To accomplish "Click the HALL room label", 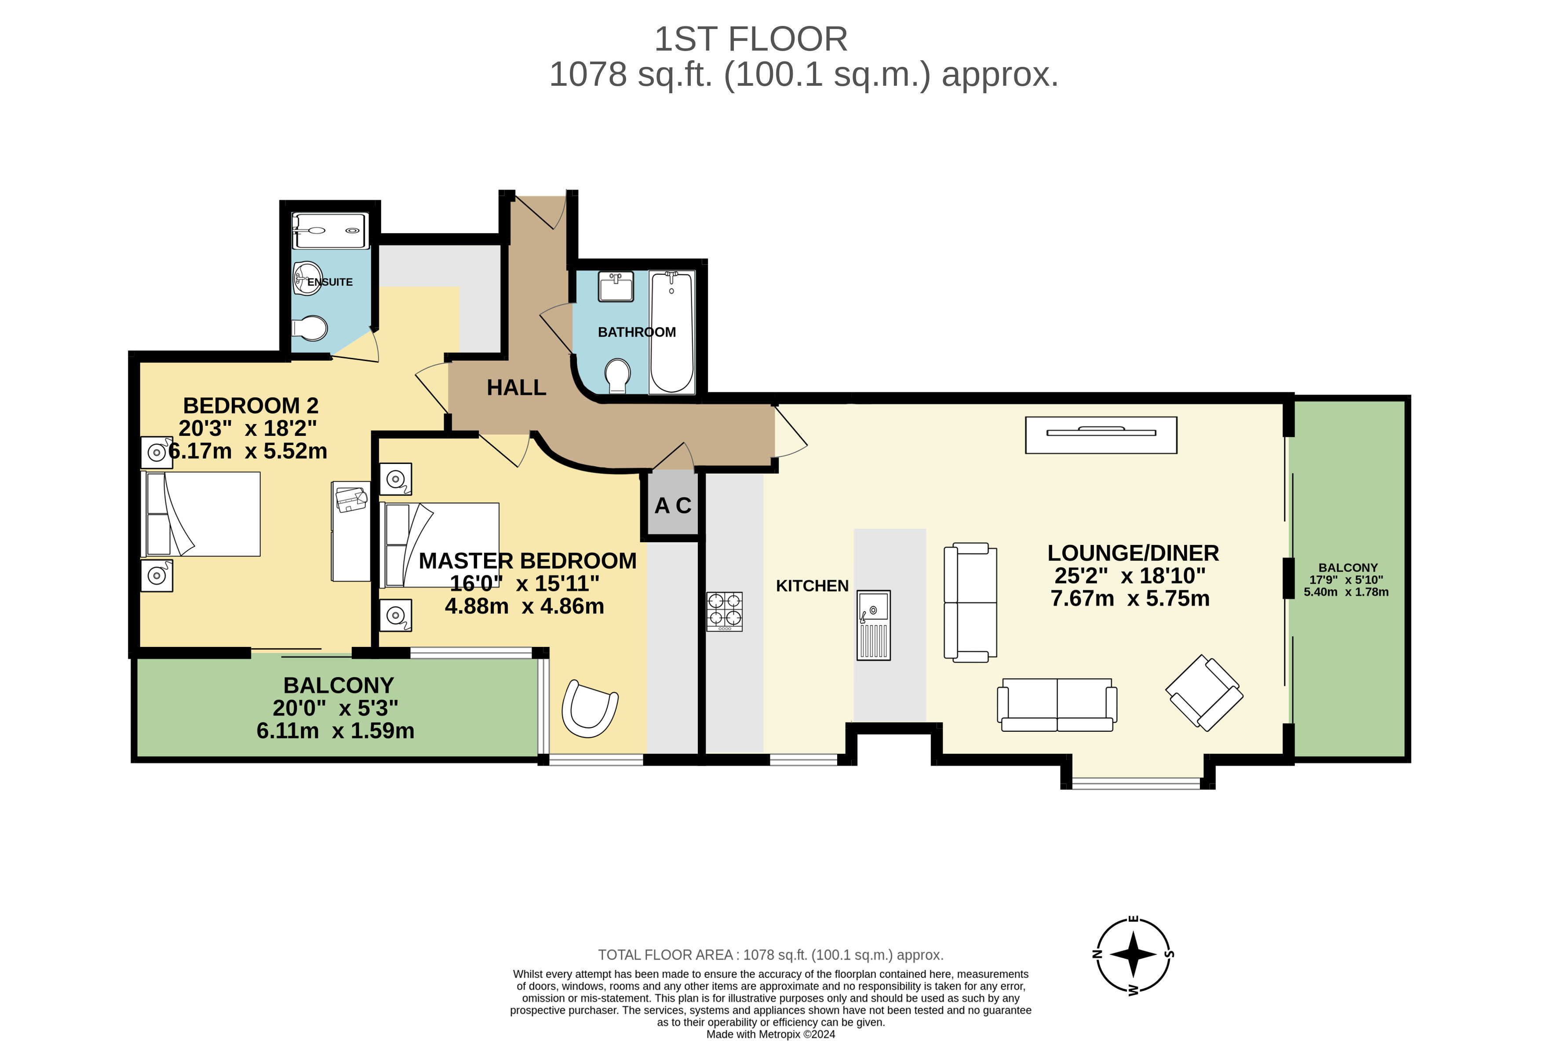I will pyautogui.click(x=516, y=387).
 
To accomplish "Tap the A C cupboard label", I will pyautogui.click(x=672, y=506).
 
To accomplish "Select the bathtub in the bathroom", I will pyautogui.click(x=671, y=332).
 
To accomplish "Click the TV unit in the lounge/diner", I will pyautogui.click(x=1101, y=435).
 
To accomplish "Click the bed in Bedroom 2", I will pyautogui.click(x=201, y=514).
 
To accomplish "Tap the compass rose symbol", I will pyautogui.click(x=1133, y=955).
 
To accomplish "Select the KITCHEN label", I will pyautogui.click(x=812, y=586).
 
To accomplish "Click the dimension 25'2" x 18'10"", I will pyautogui.click(x=1130, y=576).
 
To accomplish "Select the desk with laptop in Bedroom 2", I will pyautogui.click(x=351, y=531).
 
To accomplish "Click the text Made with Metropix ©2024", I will pyautogui.click(x=770, y=1034).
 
